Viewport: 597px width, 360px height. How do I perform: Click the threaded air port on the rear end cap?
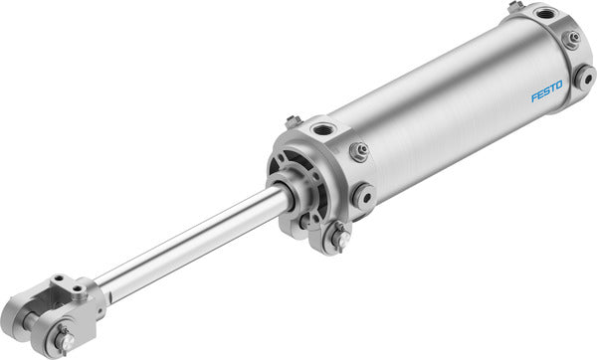click(x=545, y=17)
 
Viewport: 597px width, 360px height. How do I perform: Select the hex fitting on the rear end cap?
click(x=573, y=39)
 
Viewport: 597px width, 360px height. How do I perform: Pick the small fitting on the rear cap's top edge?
click(x=514, y=7)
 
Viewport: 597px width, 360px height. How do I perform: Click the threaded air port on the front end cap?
click(x=323, y=130)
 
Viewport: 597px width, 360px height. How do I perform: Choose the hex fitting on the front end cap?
click(x=359, y=151)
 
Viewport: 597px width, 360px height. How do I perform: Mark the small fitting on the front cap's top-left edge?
click(x=293, y=121)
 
